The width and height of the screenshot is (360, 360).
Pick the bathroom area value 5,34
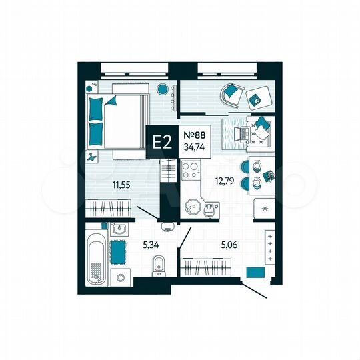click(x=151, y=244)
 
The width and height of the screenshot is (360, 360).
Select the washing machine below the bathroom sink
click(x=121, y=277)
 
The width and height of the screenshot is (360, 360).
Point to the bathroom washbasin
click(x=120, y=229)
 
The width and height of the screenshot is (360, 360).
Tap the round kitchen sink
click(x=193, y=206)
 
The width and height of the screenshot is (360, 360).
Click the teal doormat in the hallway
click(x=254, y=272)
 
